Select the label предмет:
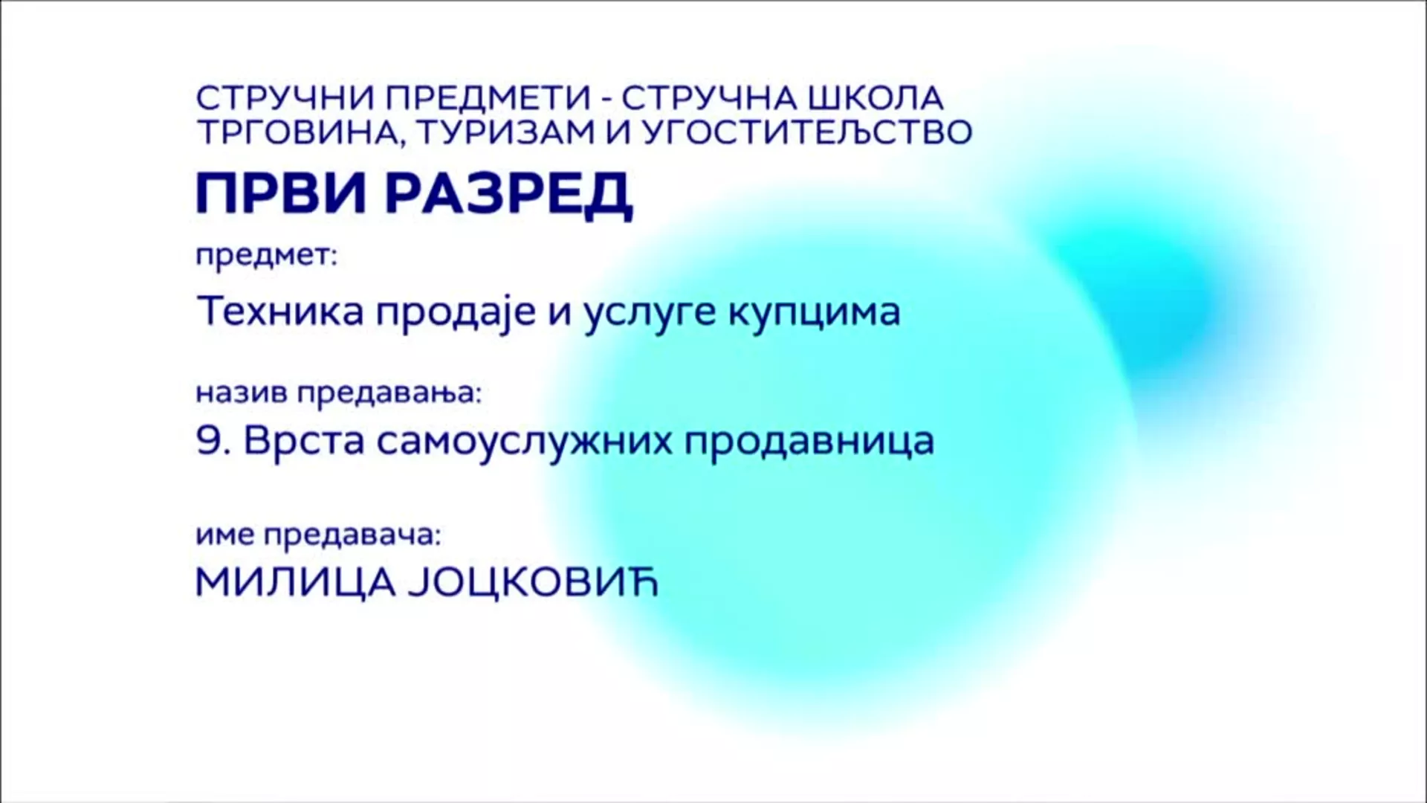tap(267, 257)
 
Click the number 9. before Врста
tap(214, 440)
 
